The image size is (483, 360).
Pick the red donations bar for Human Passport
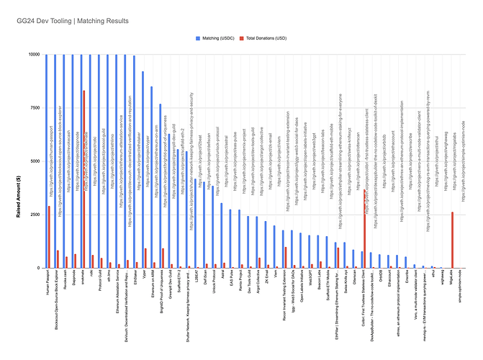click(49, 237)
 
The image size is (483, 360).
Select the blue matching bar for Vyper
click(143, 169)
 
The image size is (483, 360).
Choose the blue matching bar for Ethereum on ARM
click(151, 177)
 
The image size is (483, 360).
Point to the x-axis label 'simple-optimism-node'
click(461, 292)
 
